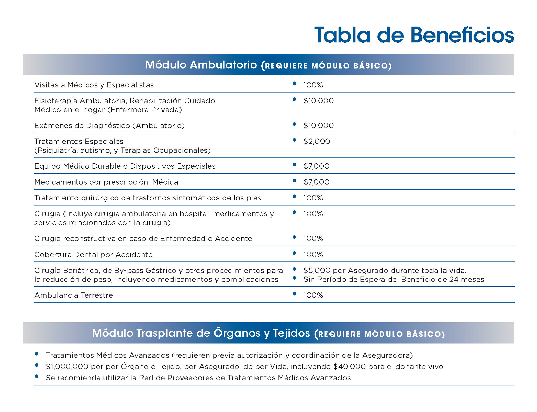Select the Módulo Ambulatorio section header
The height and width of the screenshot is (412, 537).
point(268,65)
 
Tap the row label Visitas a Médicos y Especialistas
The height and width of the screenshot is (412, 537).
point(94,85)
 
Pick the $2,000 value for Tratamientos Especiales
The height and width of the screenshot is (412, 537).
point(317,141)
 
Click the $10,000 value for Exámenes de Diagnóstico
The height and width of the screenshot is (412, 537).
point(318,125)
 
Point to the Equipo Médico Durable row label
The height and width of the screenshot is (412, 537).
point(125,166)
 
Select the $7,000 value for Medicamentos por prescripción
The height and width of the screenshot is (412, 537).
point(316,182)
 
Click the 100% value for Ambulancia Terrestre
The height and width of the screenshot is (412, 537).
point(313,295)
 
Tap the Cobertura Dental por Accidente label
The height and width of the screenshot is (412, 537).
point(93,255)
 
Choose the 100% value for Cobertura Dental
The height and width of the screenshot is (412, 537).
point(313,255)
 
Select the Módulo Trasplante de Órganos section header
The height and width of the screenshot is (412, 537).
point(268,333)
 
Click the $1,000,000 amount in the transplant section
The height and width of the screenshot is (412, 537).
point(67,367)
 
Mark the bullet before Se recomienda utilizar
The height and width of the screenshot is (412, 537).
point(37,376)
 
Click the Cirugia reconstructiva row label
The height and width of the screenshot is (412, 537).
point(143,238)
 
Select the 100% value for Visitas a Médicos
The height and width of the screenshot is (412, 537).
point(313,85)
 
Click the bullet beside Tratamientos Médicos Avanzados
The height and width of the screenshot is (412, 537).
point(37,354)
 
